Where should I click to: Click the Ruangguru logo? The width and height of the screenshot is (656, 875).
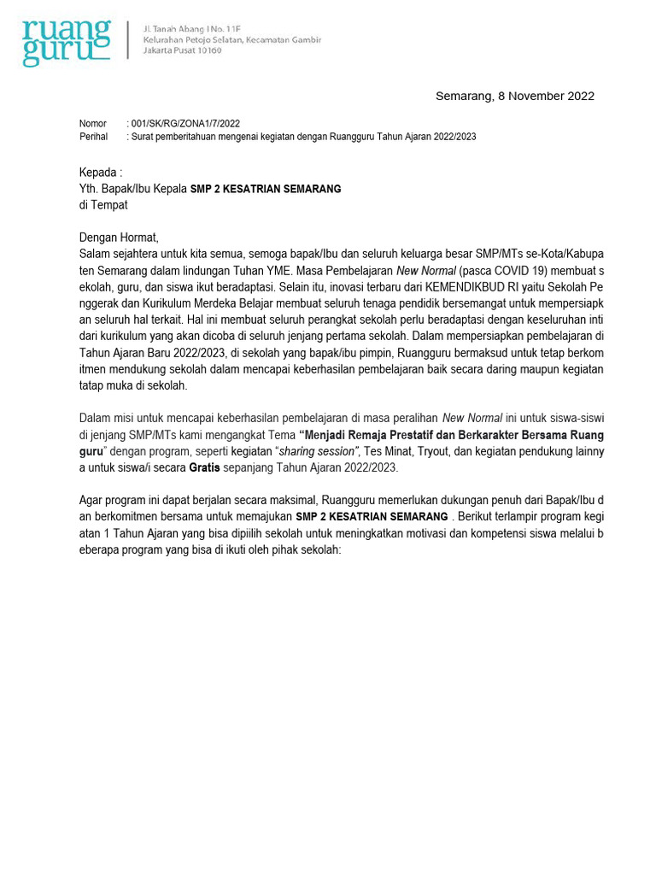click(x=67, y=43)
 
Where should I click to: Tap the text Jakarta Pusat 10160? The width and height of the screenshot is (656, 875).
click(x=182, y=50)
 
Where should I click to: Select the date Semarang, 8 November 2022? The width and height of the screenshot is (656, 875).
click(x=514, y=96)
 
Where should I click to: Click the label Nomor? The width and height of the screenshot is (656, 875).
click(x=93, y=124)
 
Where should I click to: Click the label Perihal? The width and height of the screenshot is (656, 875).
click(x=94, y=137)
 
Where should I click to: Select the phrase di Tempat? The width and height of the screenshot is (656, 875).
click(x=103, y=205)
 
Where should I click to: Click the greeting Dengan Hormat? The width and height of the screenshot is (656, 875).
click(x=119, y=238)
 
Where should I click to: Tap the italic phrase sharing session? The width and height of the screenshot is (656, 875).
click(x=319, y=451)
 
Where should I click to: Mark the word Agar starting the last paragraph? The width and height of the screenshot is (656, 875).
click(x=91, y=500)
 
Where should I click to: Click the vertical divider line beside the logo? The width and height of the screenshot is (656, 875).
click(x=128, y=39)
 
